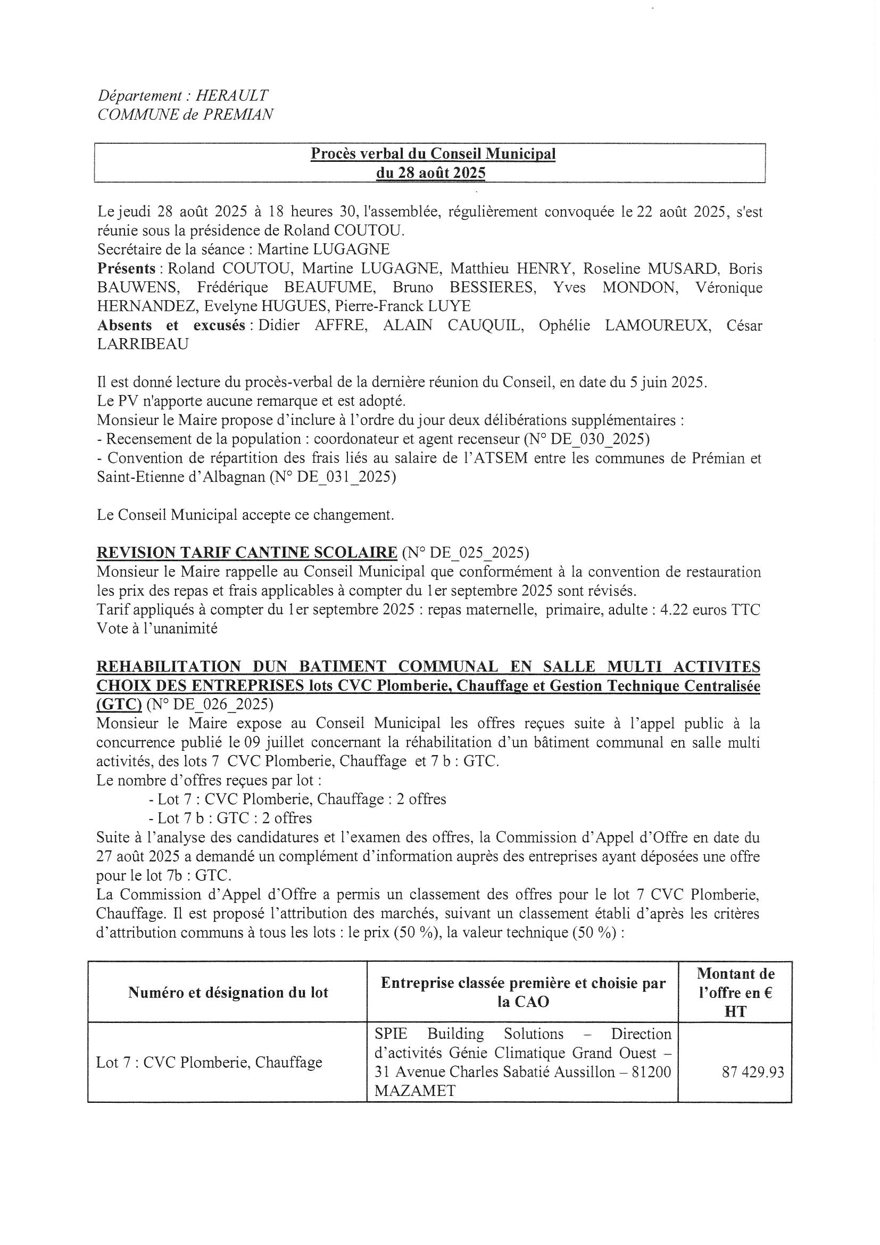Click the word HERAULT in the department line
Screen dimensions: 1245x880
[231, 95]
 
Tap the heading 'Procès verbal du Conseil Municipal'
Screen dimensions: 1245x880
[433, 154]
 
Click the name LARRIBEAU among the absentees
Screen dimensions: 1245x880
[143, 345]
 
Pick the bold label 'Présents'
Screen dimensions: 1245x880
[124, 268]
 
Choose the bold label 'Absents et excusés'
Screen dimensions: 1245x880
[171, 325]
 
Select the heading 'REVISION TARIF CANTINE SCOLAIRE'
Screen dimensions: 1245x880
[246, 553]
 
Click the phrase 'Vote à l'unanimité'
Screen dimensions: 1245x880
[156, 628]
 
